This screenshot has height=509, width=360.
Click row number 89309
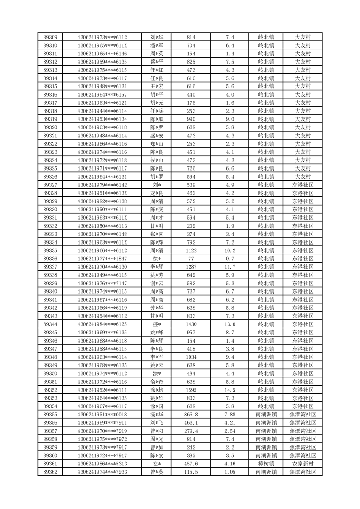[50, 37]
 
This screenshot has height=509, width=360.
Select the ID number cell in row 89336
[102, 259]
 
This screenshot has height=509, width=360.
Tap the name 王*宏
[157, 86]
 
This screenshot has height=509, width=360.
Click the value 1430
[191, 324]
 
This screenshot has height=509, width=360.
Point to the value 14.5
[230, 390]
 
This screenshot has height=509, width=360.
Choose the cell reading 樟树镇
[266, 464]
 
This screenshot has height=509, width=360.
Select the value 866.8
[191, 415]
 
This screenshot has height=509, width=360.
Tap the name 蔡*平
[157, 62]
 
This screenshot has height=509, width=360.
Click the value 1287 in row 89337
[191, 267]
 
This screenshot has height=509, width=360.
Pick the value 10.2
[230, 250]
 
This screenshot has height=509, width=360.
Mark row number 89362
[50, 472]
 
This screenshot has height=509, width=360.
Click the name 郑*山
[157, 144]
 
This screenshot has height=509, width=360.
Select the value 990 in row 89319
[191, 119]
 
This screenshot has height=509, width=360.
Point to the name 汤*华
[157, 415]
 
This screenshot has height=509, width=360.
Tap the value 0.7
[230, 259]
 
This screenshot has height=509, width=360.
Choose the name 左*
[157, 464]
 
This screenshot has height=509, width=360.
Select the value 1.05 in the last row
[230, 472]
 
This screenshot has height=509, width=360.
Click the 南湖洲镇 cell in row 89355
[266, 415]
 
